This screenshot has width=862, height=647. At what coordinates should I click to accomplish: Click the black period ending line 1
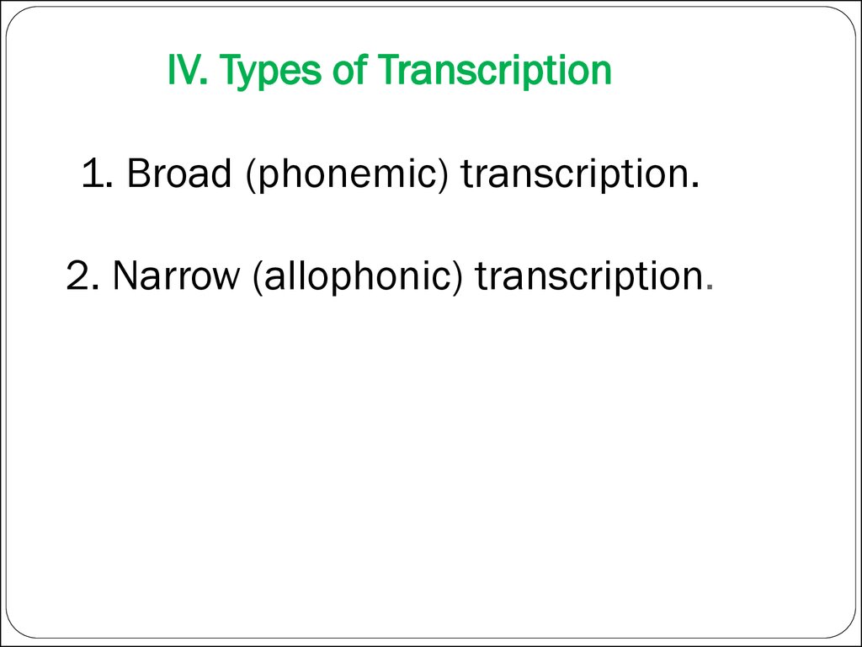[x=696, y=186]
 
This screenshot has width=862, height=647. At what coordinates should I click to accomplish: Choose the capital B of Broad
[x=136, y=174]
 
